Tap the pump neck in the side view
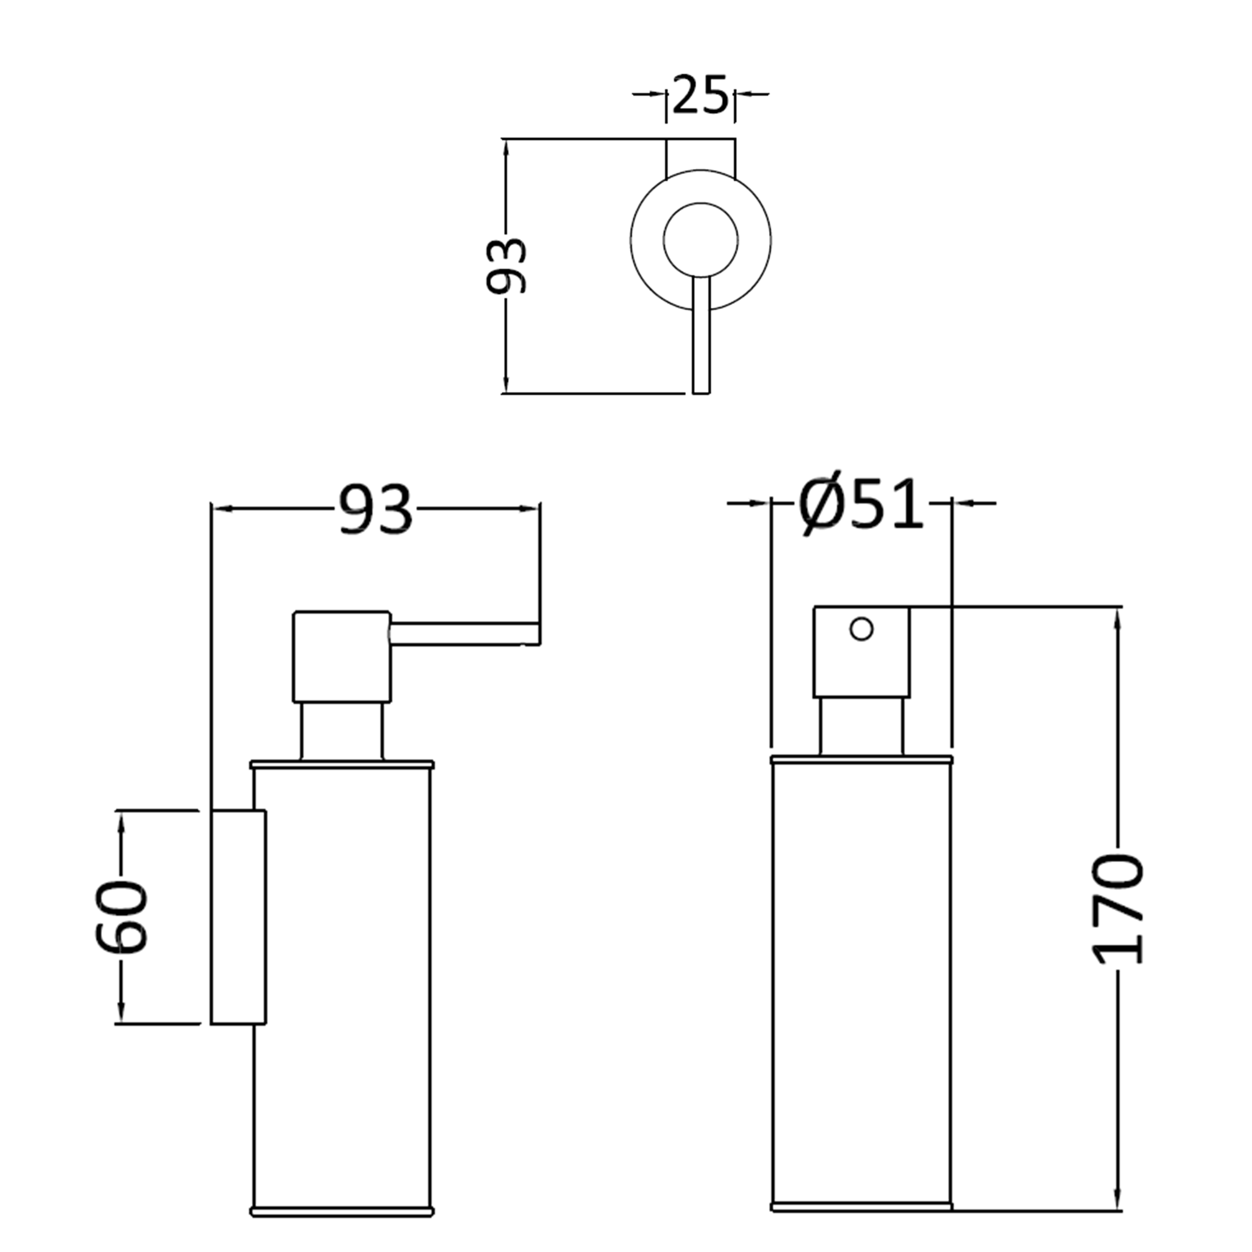(341, 730)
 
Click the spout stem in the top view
(701, 337)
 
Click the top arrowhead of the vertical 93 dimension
(507, 149)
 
